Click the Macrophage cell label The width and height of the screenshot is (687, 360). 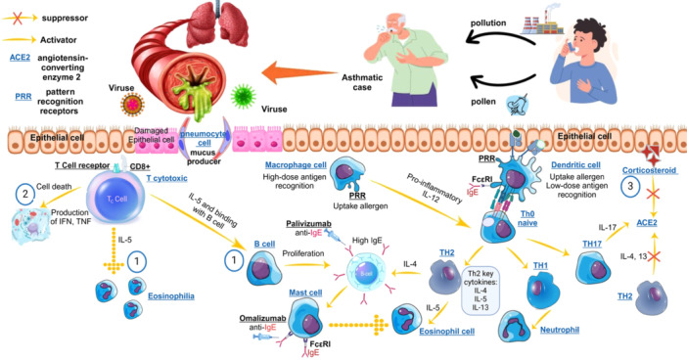coord(296,165)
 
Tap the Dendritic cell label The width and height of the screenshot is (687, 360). coord(575,165)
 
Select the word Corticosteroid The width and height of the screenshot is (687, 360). coord(649,170)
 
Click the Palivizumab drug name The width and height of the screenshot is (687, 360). coord(308,224)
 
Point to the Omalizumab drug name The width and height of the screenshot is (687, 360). coord(262,318)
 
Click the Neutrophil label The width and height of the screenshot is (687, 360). coord(560,330)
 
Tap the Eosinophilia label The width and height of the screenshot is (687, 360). coord(171,296)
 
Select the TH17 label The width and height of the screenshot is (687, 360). coord(592,244)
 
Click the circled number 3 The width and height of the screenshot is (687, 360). coord(630,186)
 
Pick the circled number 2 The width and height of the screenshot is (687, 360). coord(25,193)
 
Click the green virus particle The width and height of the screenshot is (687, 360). coord(243,96)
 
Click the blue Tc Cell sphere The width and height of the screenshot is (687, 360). coord(115,199)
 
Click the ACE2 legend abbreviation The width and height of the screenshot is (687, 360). coord(20,58)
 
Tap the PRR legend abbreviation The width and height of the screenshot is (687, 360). coord(23,96)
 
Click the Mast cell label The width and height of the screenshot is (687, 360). coord(305,292)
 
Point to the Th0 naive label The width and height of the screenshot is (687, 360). coord(527,218)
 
